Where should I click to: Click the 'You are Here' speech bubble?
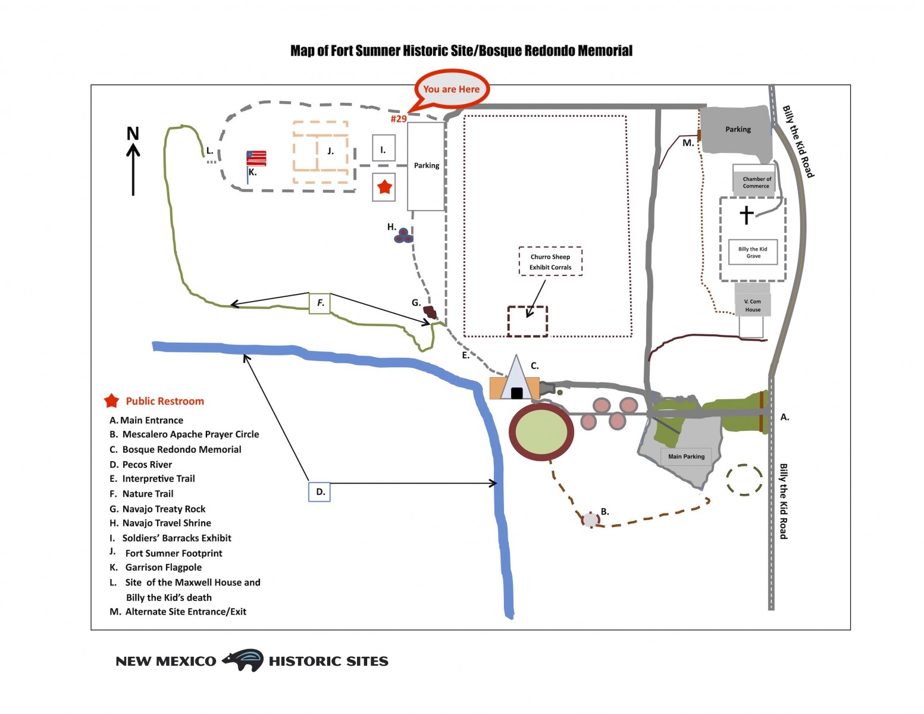[452, 89]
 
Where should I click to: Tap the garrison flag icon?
[256, 158]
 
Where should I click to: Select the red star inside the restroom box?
[384, 187]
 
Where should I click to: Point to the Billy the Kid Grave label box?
[753, 252]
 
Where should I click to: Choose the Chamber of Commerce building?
[756, 181]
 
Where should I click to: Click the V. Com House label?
[753, 305]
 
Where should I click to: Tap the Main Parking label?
[686, 456]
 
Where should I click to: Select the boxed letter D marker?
[320, 492]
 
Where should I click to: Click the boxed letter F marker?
[320, 303]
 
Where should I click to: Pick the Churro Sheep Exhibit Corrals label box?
[550, 262]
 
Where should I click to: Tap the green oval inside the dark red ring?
[541, 433]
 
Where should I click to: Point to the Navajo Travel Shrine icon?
[403, 236]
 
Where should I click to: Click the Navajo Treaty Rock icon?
[430, 312]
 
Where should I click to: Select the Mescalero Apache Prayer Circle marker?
[590, 519]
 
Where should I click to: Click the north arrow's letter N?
[133, 133]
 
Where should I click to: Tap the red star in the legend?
[111, 401]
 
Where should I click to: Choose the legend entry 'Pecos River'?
[146, 465]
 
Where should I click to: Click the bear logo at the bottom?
[243, 660]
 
